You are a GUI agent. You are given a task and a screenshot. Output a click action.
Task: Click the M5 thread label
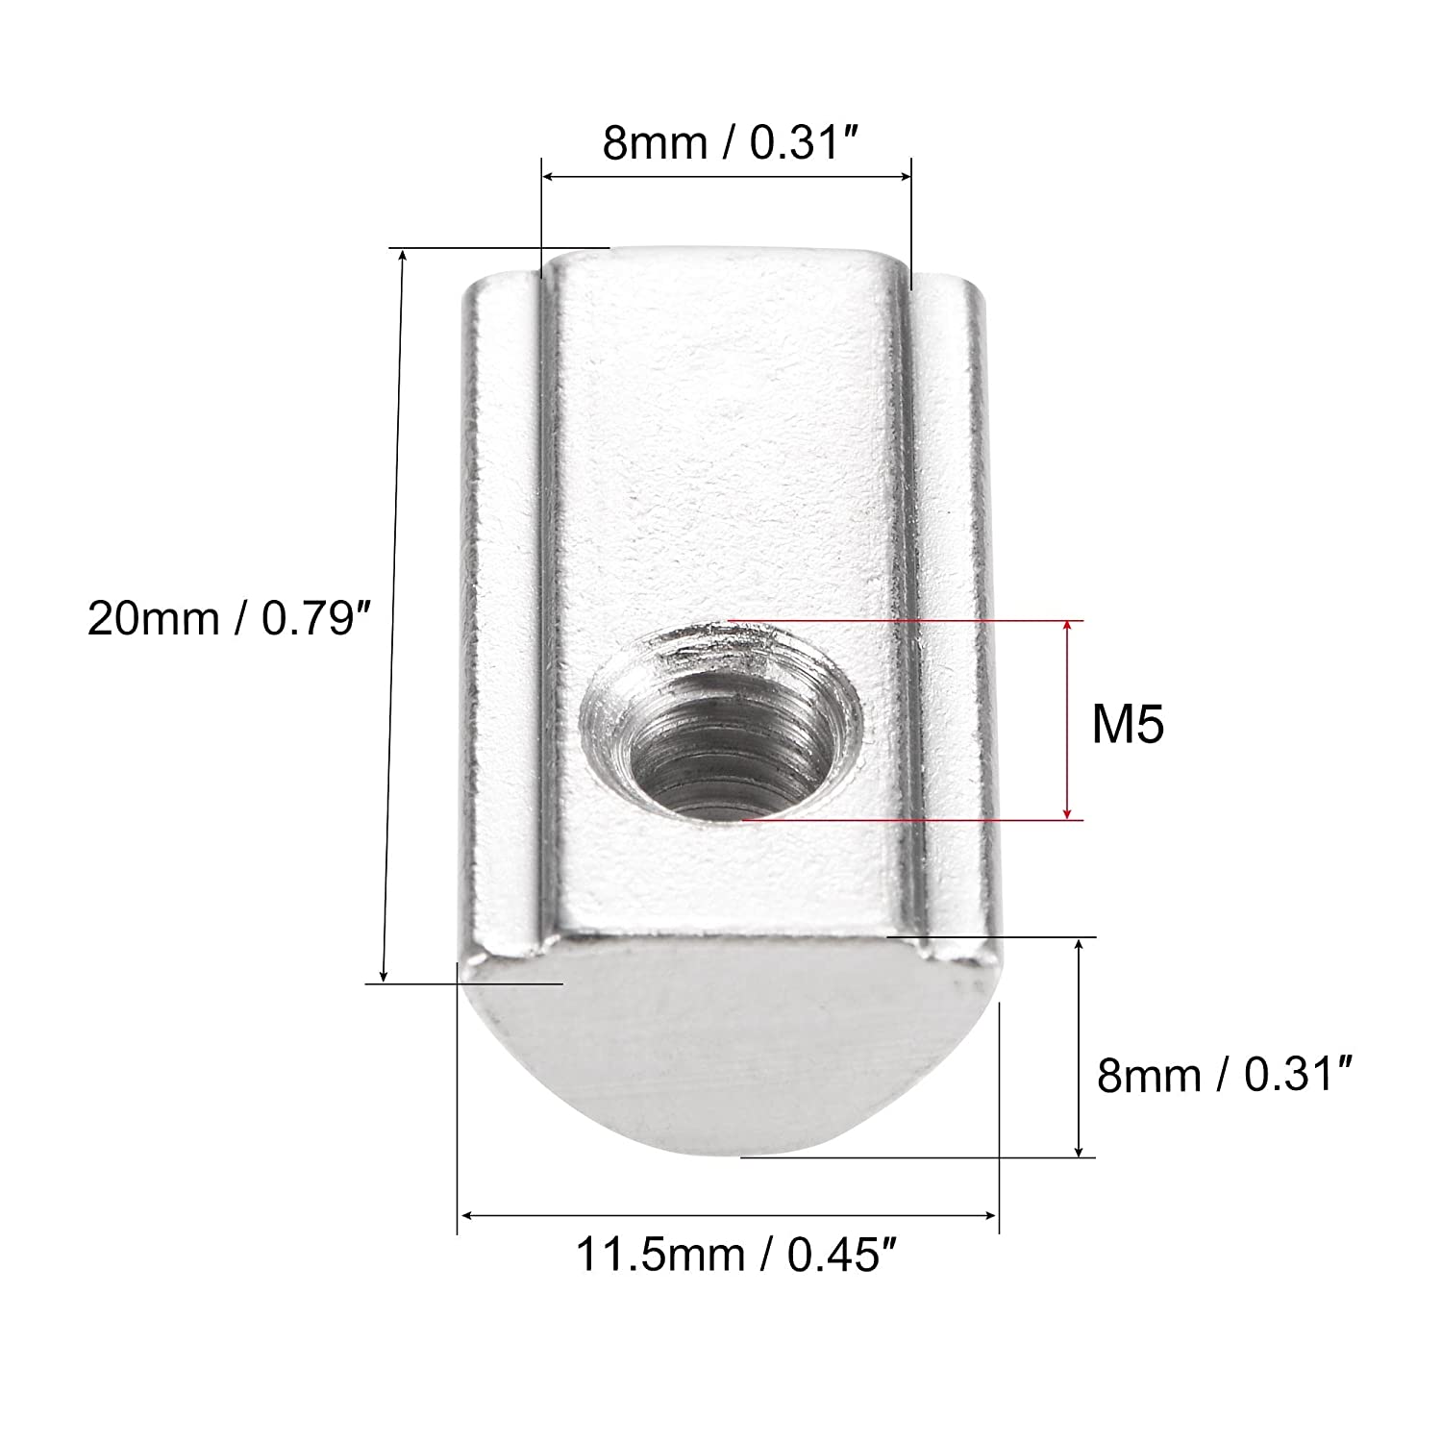click(x=1127, y=726)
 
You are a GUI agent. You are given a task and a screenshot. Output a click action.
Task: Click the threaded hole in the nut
click(x=723, y=719)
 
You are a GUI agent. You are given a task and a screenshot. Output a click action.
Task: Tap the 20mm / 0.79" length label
click(x=228, y=618)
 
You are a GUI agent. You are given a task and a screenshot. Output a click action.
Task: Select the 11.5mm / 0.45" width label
click(x=728, y=1255)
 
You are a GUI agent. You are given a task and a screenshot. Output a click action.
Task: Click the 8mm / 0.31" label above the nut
click(x=728, y=144)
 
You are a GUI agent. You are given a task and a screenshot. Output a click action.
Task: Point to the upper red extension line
click(x=904, y=621)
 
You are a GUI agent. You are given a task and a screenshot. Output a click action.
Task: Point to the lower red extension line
click(x=913, y=820)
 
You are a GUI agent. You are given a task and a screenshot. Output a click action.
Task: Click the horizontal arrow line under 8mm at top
click(x=726, y=176)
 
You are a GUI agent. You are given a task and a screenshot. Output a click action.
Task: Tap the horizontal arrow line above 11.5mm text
click(x=728, y=1217)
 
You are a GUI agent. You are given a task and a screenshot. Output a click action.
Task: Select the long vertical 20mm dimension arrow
click(x=393, y=615)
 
